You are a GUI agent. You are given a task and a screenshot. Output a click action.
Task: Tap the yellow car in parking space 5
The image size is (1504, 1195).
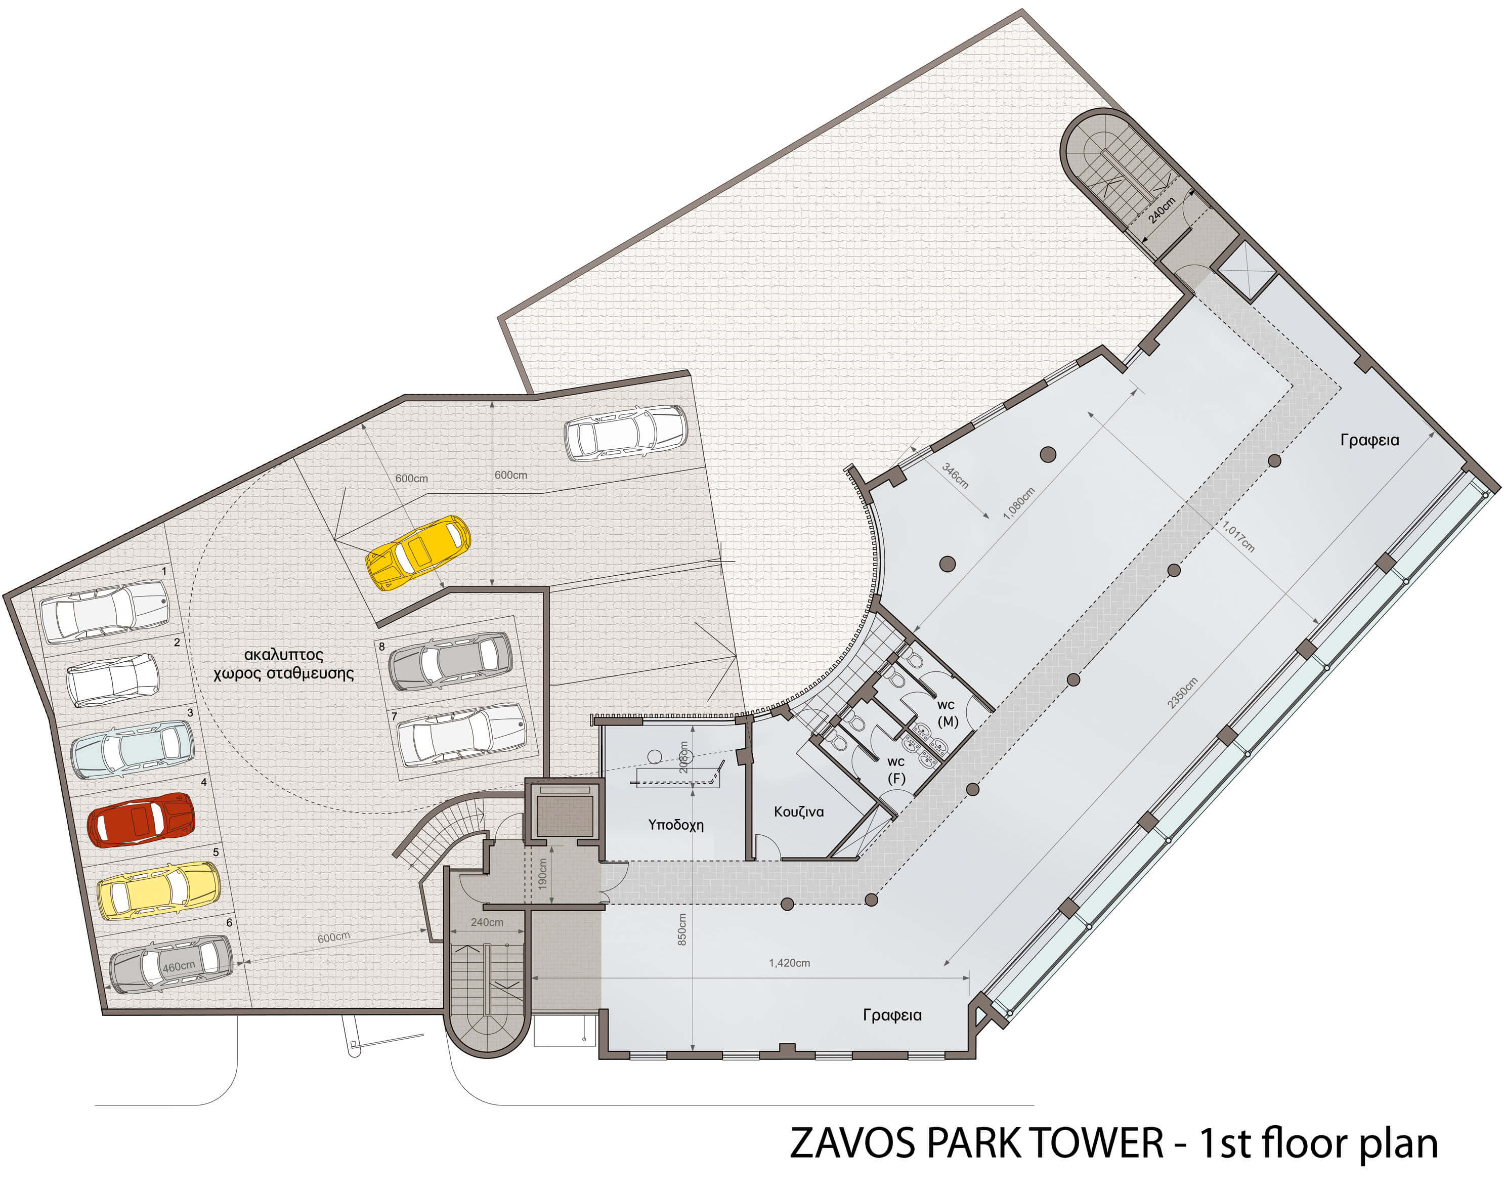pos(158,890)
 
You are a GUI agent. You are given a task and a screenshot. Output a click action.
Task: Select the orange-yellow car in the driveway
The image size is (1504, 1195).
pos(418,552)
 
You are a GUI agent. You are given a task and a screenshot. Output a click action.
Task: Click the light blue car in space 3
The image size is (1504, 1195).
pos(133,749)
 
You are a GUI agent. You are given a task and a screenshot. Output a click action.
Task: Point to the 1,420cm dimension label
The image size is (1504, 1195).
pos(789,963)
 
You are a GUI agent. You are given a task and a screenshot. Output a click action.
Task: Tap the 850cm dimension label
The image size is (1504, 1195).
pos(682,929)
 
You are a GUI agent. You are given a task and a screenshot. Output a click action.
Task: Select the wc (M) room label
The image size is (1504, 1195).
pos(947,713)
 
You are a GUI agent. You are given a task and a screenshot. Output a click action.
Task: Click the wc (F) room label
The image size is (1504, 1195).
pos(896,770)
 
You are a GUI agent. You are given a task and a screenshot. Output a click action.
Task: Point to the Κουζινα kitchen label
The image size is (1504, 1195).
pos(799,812)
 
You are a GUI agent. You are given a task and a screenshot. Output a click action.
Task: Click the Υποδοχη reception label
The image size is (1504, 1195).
pos(675,825)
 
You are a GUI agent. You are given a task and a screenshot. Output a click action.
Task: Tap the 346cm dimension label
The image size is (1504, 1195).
pos(955,475)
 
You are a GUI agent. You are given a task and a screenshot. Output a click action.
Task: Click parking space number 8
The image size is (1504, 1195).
pos(381,647)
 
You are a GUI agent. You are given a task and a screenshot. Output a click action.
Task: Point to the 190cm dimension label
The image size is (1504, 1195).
pos(543,873)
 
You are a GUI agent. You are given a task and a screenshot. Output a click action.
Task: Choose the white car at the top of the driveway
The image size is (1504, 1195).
pos(626,433)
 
